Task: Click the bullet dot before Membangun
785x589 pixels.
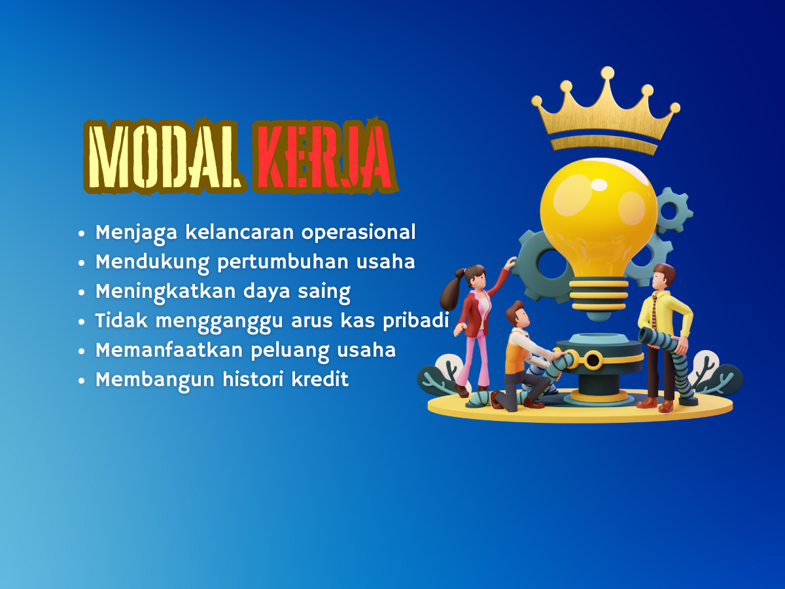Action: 82,380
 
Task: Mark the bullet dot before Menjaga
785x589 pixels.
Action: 82,234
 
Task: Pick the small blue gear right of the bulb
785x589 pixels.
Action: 671,209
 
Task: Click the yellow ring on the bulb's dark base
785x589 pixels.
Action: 593,360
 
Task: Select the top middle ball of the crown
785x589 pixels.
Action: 607,72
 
